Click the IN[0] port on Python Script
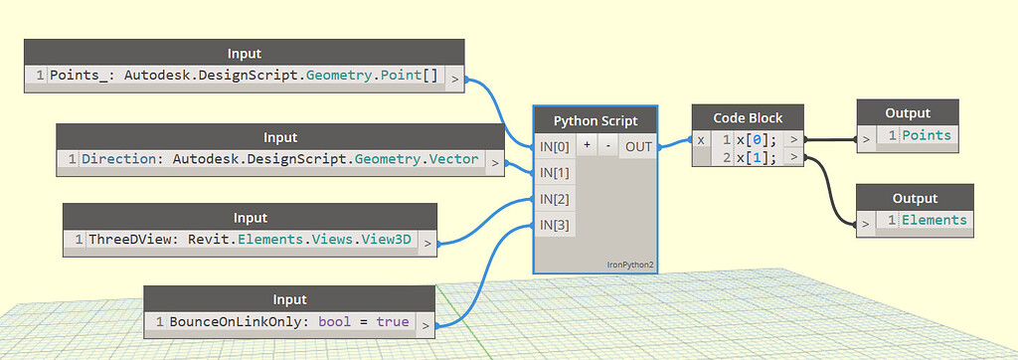(x=554, y=147)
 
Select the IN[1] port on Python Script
(x=554, y=173)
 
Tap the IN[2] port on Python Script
(x=554, y=199)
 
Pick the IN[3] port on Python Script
(x=554, y=225)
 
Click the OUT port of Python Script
(x=638, y=147)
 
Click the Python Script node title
(x=595, y=121)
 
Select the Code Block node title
(x=749, y=117)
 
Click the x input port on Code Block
(x=701, y=140)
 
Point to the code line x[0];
(x=756, y=140)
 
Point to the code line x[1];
(x=756, y=157)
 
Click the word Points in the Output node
(x=926, y=135)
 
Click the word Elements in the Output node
(x=933, y=220)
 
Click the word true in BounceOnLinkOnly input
(x=392, y=323)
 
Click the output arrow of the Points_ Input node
(x=453, y=76)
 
